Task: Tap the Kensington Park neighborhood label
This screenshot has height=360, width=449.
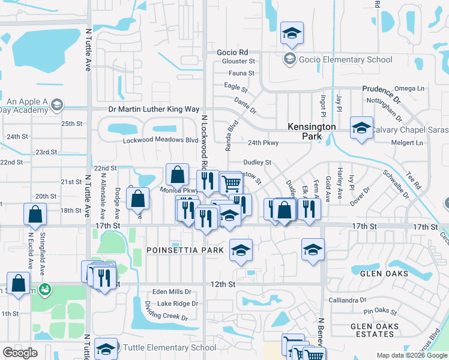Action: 312,131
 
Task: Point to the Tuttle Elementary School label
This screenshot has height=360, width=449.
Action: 169,347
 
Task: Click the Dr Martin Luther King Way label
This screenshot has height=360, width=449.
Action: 153,109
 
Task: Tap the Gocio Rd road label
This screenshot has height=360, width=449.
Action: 232,52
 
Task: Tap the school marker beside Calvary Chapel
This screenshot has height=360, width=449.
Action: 361,128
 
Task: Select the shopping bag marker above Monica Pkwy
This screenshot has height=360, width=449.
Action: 178,175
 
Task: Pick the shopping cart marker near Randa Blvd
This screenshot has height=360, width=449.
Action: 231,183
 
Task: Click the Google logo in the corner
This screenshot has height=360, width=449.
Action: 20,353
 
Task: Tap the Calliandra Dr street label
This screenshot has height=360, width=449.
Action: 348,300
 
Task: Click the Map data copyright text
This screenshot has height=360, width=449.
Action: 411,355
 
